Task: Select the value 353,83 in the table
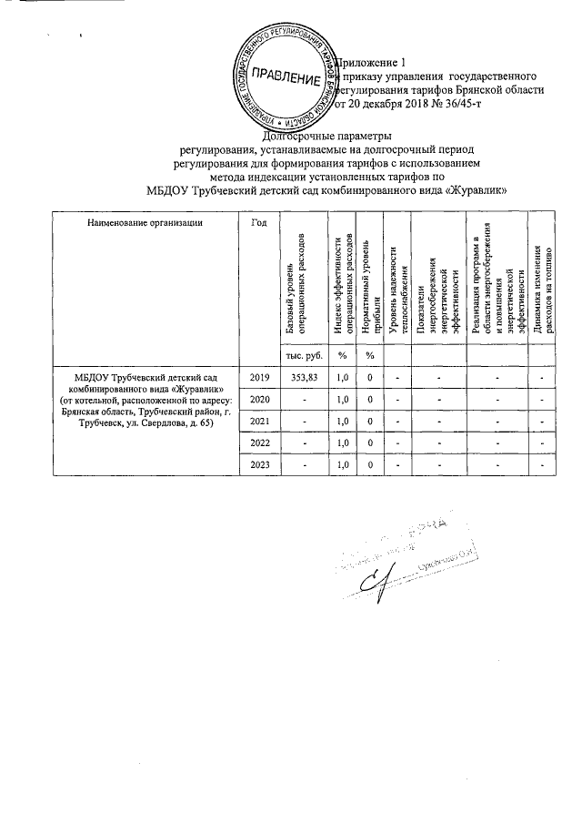tap(300, 375)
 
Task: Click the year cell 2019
tap(259, 375)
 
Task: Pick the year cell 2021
tap(259, 421)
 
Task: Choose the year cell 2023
tap(259, 465)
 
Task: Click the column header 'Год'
tap(258, 222)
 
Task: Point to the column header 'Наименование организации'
tap(145, 222)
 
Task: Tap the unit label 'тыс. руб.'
tap(300, 353)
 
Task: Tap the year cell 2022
tap(259, 443)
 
